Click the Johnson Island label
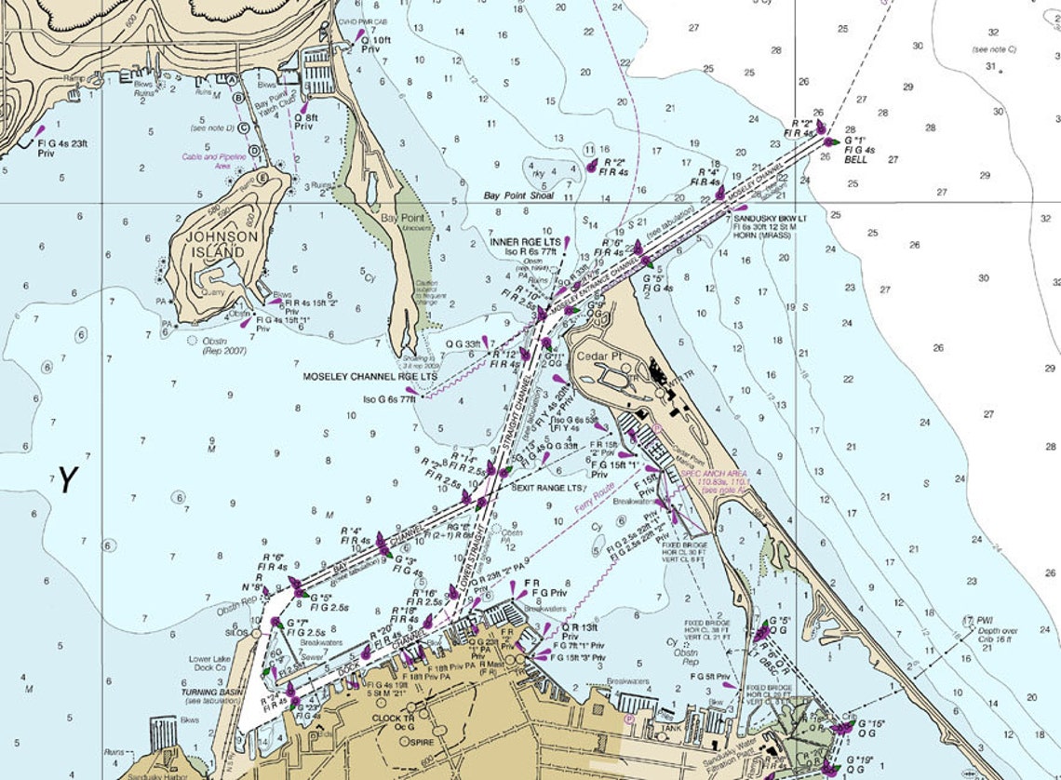[222, 244]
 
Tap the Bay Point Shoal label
[518, 196]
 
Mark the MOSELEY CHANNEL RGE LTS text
[369, 377]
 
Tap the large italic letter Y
[66, 479]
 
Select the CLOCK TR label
[394, 719]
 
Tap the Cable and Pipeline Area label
[213, 161]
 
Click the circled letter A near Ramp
[231, 80]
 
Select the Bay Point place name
[402, 218]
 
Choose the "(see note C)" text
[993, 49]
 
